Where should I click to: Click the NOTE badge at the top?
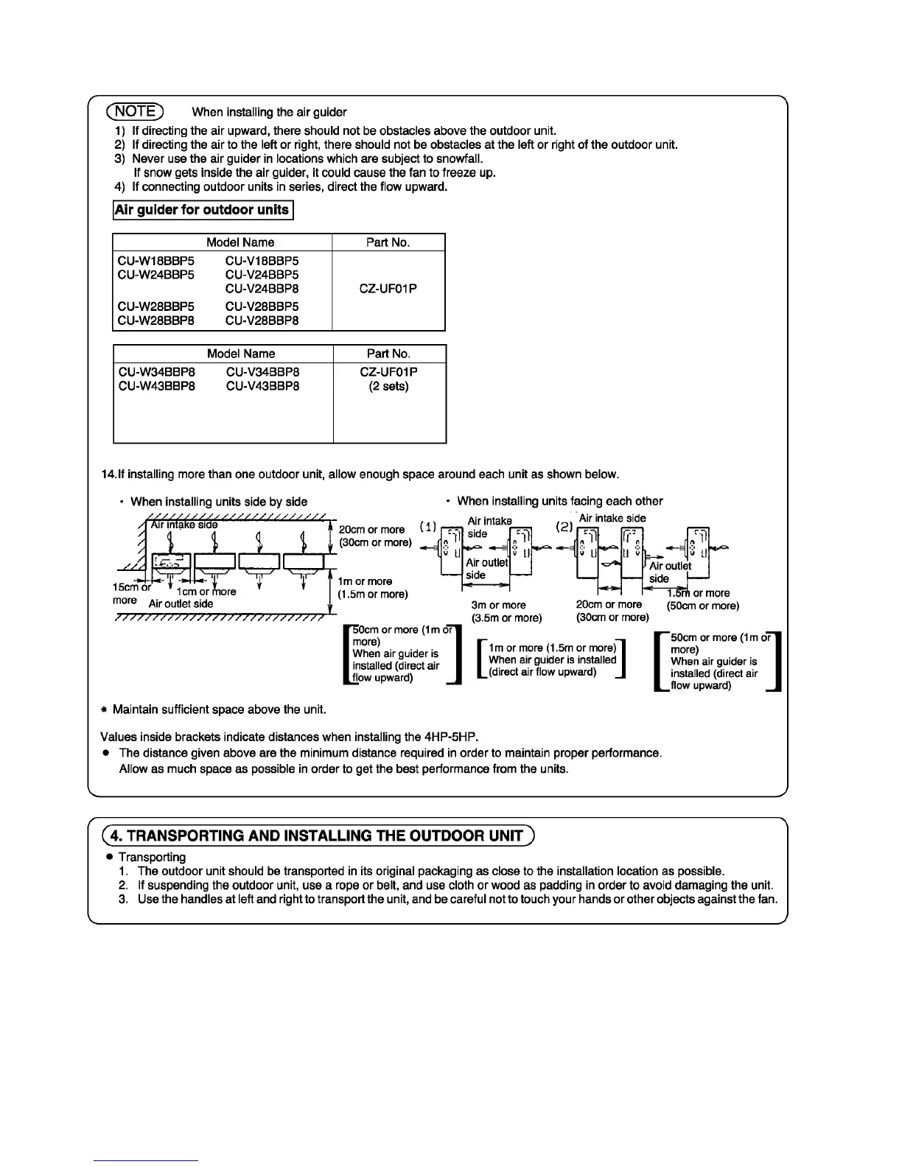coord(136,111)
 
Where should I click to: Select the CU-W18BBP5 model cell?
coord(155,261)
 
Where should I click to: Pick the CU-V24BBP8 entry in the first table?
coord(262,289)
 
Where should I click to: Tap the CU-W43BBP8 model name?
coord(156,386)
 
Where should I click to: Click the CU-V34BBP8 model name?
coord(262,372)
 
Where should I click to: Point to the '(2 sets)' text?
coord(388,386)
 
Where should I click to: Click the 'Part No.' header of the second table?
coord(388,354)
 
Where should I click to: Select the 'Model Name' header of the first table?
coord(240,242)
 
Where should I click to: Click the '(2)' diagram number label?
coord(564,528)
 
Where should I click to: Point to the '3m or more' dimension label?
coord(499,605)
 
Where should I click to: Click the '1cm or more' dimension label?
coord(206,592)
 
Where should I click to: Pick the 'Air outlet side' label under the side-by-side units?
coord(181,604)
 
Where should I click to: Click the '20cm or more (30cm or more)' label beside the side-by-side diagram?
coord(373,536)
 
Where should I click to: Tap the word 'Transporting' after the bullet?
coord(152,857)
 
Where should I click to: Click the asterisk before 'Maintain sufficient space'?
coord(105,710)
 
